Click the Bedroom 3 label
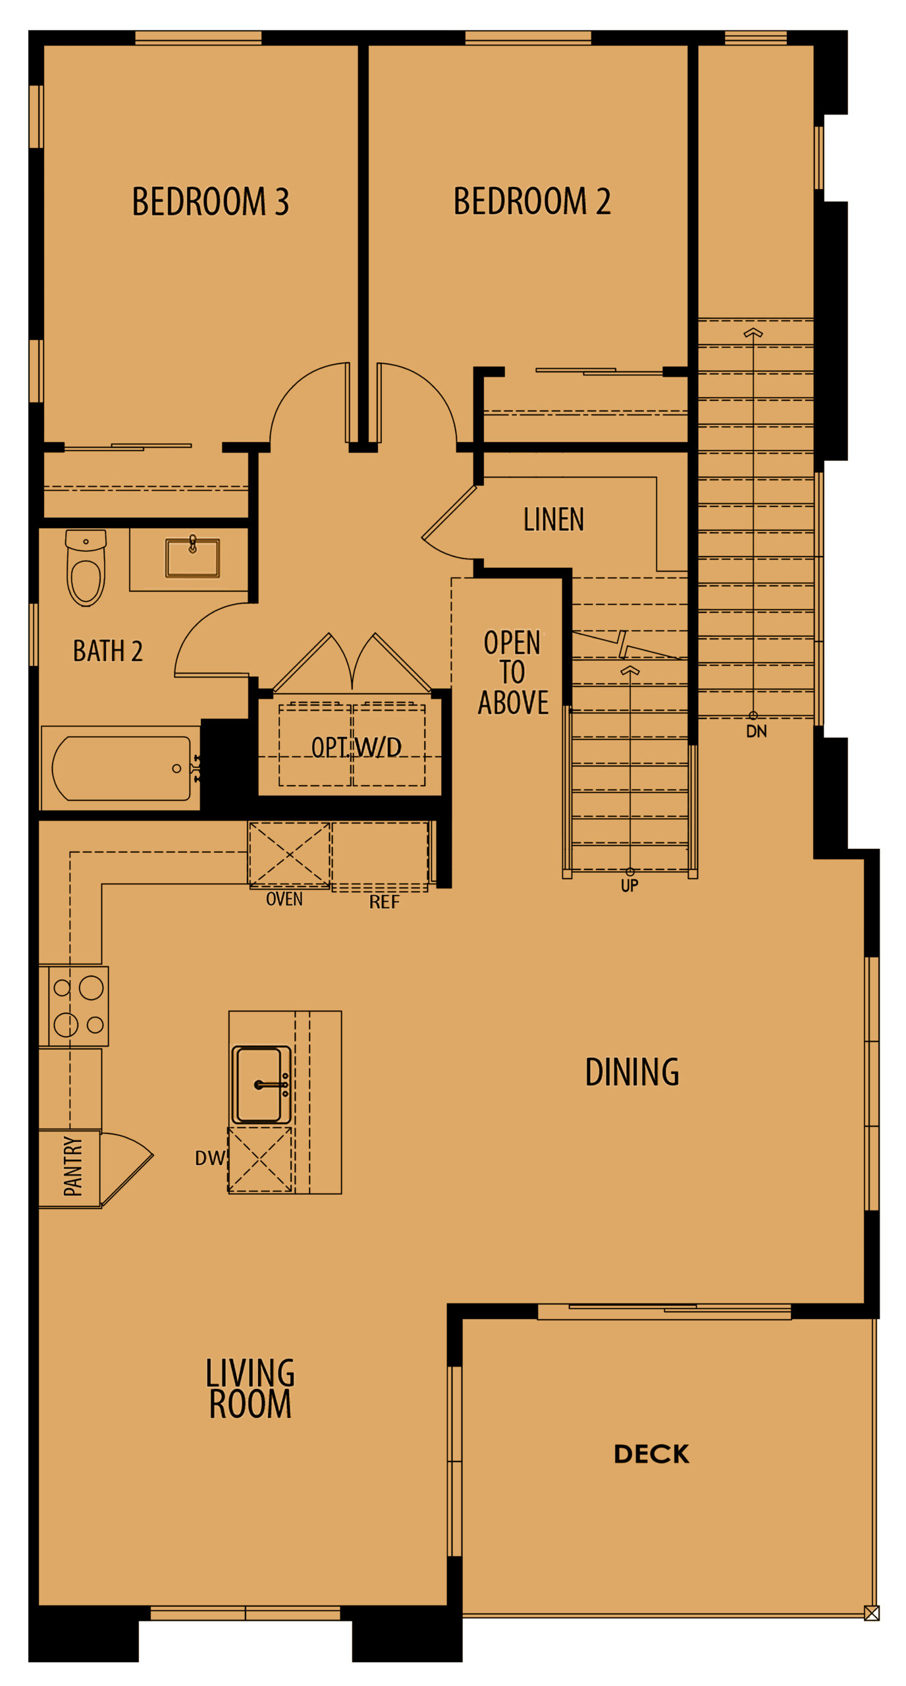coord(210,202)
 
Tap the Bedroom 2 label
coord(531,202)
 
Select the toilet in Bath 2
coord(86,568)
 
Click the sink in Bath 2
coord(192,558)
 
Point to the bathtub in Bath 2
coord(121,768)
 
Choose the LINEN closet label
coord(553,520)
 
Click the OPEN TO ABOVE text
coord(512,672)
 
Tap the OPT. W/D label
coord(356,748)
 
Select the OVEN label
coord(284,899)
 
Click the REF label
coord(384,902)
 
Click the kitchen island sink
coord(261,1084)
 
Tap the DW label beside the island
coord(209,1158)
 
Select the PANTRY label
coord(72,1166)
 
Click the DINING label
coord(631,1072)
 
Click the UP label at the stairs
coord(629,886)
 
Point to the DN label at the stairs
coord(756,731)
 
